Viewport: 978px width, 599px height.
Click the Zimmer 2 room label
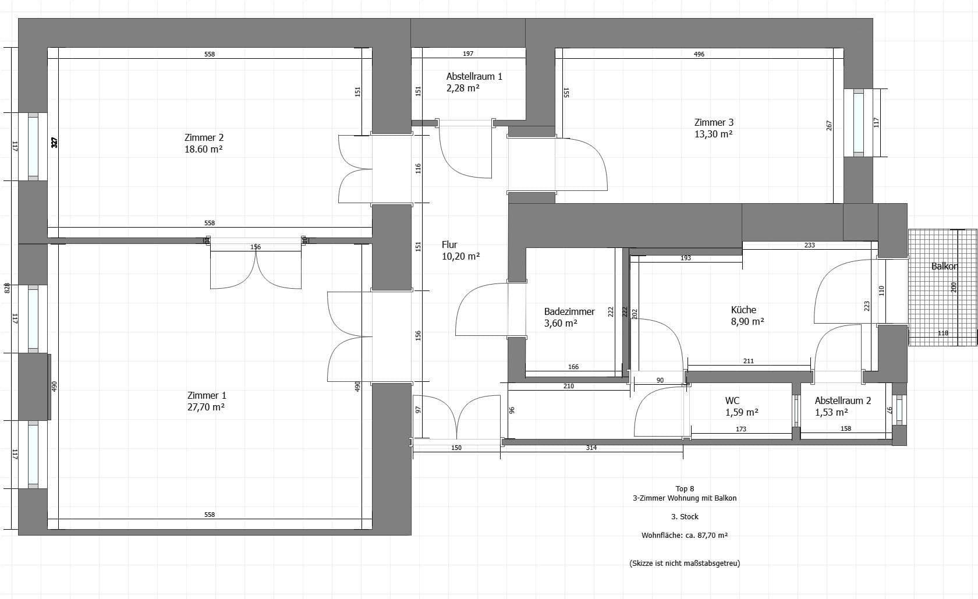point(204,138)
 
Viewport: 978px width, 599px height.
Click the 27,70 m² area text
point(206,407)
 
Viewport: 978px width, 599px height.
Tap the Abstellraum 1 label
point(474,76)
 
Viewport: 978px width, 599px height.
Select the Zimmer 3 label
point(714,122)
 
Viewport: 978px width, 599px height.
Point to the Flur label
point(449,244)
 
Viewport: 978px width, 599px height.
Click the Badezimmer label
point(569,311)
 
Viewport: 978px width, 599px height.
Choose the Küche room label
point(743,310)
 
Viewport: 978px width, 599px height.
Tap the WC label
point(732,400)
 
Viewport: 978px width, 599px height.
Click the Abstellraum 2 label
point(842,400)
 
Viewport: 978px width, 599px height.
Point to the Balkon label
point(944,266)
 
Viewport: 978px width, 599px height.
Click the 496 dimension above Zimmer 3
point(699,54)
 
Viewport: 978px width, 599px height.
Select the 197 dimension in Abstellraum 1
point(468,54)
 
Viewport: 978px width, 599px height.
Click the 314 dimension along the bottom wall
point(591,448)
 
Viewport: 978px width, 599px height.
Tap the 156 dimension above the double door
point(256,247)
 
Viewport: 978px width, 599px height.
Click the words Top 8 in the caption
point(685,488)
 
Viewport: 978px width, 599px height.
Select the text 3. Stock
point(685,516)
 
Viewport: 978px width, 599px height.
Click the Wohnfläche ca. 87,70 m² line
point(685,535)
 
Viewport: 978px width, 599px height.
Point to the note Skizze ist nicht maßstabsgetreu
point(685,563)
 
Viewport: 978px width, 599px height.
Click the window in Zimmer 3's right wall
point(859,122)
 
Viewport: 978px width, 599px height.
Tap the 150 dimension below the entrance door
point(456,448)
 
